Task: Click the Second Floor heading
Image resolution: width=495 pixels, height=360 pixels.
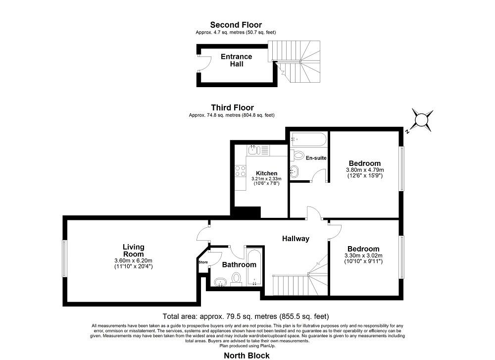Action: click(236, 25)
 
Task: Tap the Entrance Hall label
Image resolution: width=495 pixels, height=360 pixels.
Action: click(237, 60)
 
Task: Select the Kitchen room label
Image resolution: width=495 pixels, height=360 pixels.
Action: click(267, 173)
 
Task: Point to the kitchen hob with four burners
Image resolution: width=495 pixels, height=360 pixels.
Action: click(241, 171)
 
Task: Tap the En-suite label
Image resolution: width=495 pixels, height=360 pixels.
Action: click(316, 158)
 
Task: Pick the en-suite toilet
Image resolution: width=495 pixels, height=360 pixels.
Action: click(297, 155)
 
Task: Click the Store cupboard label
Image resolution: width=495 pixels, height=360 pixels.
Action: click(203, 262)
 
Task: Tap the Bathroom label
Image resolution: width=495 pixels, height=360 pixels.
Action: click(239, 264)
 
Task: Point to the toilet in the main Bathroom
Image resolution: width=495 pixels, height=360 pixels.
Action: click(236, 280)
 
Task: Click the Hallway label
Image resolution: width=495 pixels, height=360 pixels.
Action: click(296, 239)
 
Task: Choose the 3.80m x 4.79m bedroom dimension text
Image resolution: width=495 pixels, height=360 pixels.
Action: click(365, 169)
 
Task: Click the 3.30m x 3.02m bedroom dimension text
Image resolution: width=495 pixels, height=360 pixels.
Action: click(363, 256)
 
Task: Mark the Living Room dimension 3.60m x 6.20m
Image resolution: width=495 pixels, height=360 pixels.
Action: click(133, 261)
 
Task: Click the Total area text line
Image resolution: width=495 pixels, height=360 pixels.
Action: click(246, 316)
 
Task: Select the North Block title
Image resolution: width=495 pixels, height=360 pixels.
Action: click(247, 356)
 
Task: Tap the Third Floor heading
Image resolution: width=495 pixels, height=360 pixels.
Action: click(232, 107)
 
